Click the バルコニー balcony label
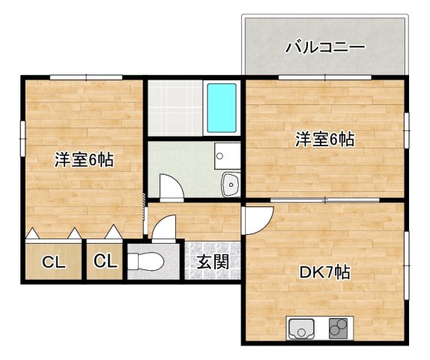pyautogui.click(x=325, y=48)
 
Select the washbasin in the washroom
pyautogui.click(x=229, y=182)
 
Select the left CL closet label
pyautogui.click(x=52, y=262)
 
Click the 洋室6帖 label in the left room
pyautogui.click(x=82, y=160)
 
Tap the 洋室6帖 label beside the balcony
pyautogui.click(x=324, y=139)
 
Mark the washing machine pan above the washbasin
pyautogui.click(x=225, y=155)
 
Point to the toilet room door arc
pyautogui.click(x=164, y=227)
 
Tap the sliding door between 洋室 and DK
pyautogui.click(x=325, y=200)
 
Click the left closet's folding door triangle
pyautogui.click(x=34, y=234)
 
